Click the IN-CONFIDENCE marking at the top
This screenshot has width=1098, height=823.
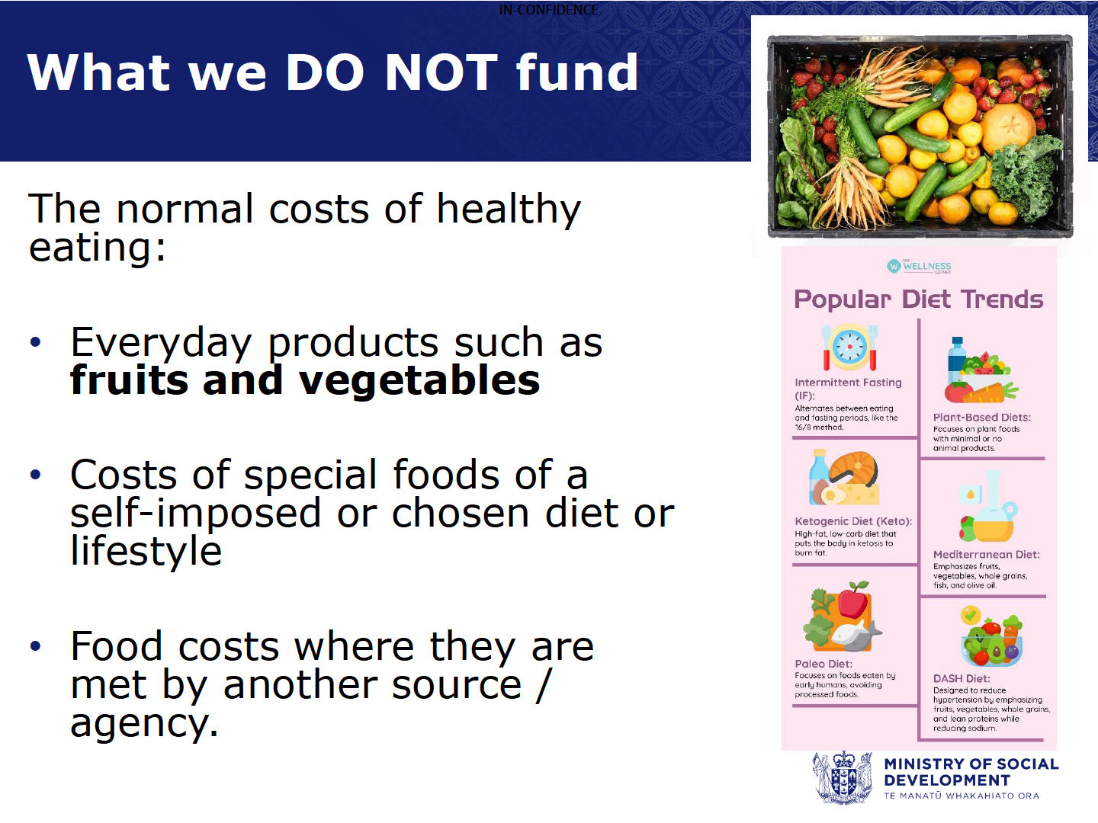[548, 9]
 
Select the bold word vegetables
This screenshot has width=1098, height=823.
[419, 381]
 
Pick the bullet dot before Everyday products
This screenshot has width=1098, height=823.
[36, 342]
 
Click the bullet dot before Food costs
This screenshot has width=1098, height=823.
[36, 645]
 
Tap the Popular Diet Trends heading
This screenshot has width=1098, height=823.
[918, 299]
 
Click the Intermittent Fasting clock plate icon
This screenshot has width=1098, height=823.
[850, 347]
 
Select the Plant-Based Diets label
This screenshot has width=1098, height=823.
[982, 418]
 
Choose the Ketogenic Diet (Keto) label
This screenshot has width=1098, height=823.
[853, 521]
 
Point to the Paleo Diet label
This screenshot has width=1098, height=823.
[823, 664]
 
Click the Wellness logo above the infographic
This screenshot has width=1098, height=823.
[919, 267]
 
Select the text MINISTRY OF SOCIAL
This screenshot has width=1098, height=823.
[971, 764]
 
